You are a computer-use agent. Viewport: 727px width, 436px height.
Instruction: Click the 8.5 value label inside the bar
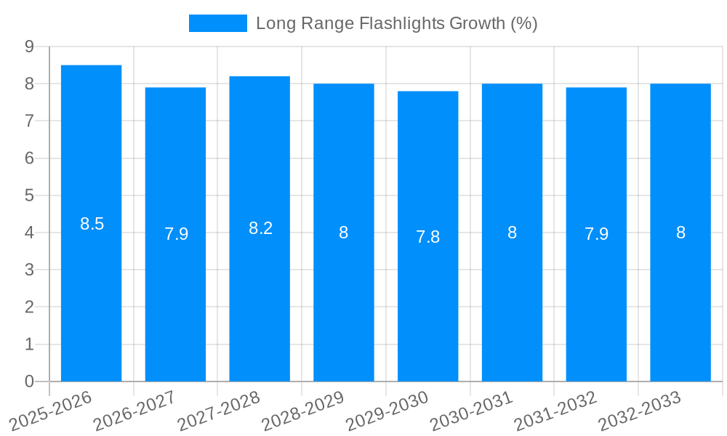[x=92, y=224]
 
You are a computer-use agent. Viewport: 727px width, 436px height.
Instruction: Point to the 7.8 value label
[x=427, y=237]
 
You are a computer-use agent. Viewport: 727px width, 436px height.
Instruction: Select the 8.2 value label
[x=260, y=228]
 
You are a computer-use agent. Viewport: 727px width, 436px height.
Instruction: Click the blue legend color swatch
[x=217, y=23]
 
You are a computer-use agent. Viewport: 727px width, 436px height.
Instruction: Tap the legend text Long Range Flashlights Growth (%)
[x=397, y=23]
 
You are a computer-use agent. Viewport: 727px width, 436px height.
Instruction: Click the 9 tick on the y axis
[x=29, y=47]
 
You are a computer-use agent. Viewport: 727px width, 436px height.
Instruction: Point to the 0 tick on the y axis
[x=29, y=381]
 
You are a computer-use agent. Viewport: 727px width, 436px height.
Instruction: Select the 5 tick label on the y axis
[x=29, y=195]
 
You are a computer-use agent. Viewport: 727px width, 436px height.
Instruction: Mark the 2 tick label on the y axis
[x=29, y=307]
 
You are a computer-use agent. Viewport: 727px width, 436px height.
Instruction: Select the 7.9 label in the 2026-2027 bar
[x=176, y=234]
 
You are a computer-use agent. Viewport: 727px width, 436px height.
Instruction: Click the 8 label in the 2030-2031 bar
[x=512, y=233]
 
